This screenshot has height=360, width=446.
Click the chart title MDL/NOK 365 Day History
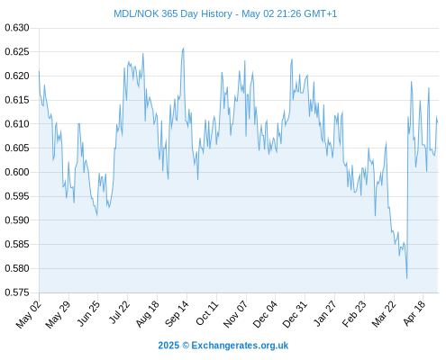[173, 13]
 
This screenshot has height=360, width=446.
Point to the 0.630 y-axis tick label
[17, 28]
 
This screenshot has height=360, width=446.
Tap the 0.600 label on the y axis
[17, 172]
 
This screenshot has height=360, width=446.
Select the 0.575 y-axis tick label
[17, 292]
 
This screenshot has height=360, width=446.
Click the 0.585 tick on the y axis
[17, 244]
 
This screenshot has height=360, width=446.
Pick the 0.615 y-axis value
[17, 100]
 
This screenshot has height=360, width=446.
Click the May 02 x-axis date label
[28, 314]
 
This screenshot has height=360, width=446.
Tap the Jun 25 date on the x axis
[88, 313]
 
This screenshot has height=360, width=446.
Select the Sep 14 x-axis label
[177, 314]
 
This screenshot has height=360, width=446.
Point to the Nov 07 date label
[236, 314]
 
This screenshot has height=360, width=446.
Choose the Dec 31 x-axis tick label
[295, 314]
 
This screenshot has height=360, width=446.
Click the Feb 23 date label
[354, 314]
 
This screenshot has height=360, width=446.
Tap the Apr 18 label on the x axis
[414, 313]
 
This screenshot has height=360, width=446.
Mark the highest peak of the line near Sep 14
[184, 48]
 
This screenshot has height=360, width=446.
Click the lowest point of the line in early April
[407, 278]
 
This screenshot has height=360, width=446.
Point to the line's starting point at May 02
[39, 71]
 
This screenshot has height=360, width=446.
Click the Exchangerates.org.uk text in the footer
[240, 346]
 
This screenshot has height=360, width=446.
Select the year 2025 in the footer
[168, 346]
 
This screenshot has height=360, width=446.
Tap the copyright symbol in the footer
[186, 346]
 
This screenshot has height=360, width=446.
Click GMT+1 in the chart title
[321, 13]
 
